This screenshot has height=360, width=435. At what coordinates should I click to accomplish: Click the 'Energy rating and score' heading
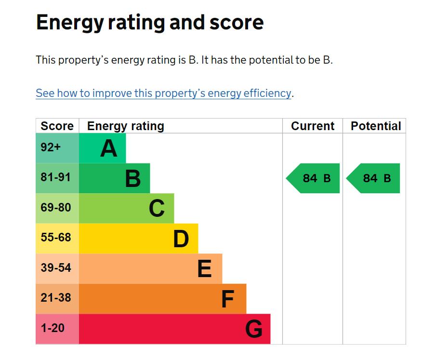point(150,23)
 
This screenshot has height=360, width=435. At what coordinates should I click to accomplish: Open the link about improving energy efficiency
point(163,93)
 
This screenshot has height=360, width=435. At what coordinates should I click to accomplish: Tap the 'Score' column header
point(57,126)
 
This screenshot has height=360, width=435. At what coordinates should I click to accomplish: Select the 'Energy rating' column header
point(126,126)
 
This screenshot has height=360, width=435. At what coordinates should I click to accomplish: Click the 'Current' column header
point(313,126)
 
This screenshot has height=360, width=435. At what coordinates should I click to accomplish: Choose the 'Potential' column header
point(376,126)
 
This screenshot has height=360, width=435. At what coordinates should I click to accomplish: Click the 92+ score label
point(51,147)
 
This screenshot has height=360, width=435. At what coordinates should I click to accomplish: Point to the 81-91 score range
point(56,177)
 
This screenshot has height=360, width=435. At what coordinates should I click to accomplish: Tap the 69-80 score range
point(56,207)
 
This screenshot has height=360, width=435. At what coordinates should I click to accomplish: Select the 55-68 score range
point(56,237)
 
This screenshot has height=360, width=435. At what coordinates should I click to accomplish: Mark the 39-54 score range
point(56,267)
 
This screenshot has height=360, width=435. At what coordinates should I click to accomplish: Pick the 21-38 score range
point(56,297)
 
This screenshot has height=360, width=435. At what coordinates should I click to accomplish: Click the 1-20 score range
point(53,328)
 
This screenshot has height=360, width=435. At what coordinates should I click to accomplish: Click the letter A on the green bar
point(109,148)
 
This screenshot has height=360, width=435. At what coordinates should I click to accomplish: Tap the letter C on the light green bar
point(157,208)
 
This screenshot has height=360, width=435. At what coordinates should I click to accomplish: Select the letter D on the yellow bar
point(181,239)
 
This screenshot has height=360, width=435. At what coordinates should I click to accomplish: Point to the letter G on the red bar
point(253,329)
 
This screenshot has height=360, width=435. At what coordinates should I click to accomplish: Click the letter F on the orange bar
point(228,299)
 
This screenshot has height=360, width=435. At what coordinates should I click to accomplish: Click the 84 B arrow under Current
point(313,178)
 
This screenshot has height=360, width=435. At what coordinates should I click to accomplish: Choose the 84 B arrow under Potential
point(373,178)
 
